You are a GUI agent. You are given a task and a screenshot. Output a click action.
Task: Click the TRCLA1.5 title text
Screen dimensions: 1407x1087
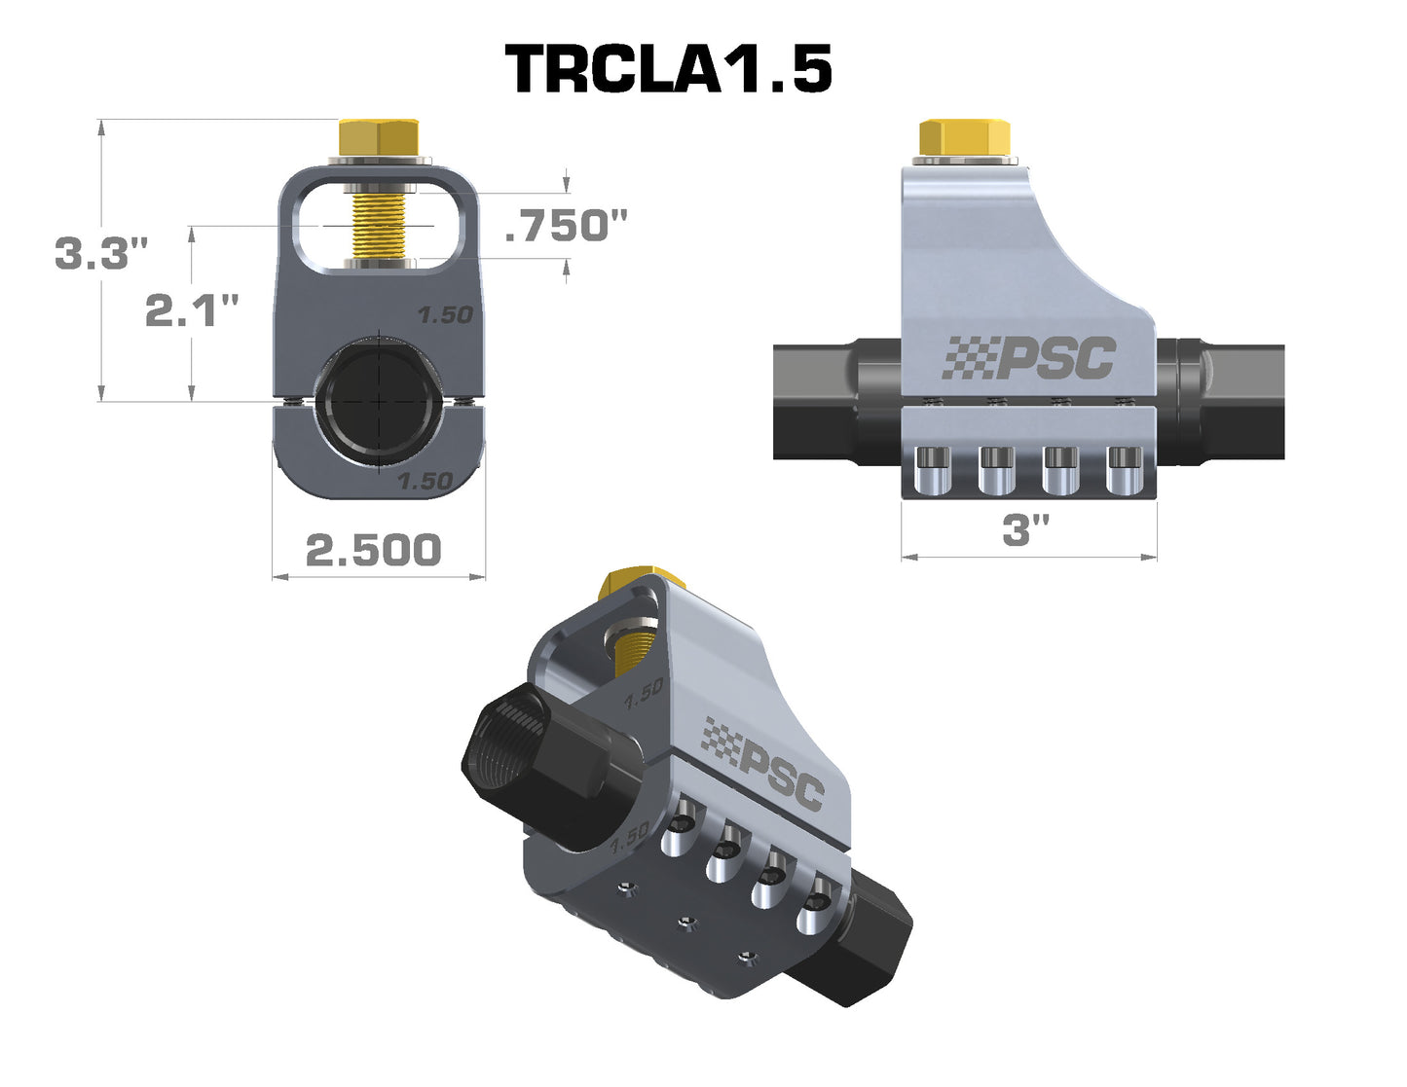click(x=668, y=68)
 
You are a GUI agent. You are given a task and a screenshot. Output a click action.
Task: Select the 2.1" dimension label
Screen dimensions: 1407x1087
click(x=192, y=309)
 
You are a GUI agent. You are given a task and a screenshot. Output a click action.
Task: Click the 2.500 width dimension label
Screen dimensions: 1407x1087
click(x=374, y=550)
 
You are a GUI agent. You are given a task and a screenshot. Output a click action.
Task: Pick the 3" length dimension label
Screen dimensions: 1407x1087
click(x=1025, y=530)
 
